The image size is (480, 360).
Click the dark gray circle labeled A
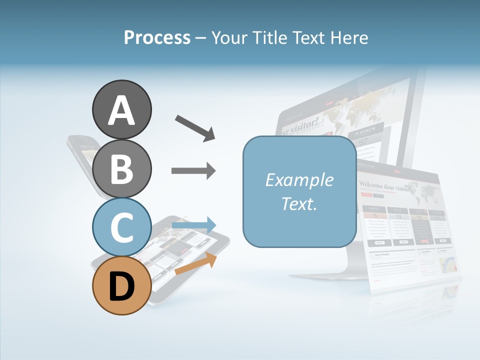(121, 109)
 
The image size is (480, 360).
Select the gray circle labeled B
(121, 168)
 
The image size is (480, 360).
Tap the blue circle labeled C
(121, 227)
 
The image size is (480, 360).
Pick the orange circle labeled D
(121, 286)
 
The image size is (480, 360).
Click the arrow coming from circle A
(195, 127)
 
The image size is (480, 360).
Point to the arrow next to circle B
(193, 171)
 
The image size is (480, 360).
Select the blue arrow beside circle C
(193, 225)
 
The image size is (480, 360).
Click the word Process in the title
(157, 37)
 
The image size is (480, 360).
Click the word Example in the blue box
(299, 180)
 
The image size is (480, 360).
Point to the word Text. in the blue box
(299, 203)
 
